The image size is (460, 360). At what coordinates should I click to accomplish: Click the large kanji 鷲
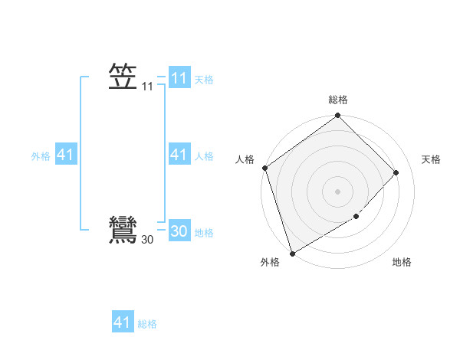click(123, 230)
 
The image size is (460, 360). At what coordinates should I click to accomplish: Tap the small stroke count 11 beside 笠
click(147, 87)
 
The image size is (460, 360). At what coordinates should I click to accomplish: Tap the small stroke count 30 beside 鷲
click(147, 241)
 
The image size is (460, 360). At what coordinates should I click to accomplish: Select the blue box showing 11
click(179, 78)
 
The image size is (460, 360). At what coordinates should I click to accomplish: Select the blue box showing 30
click(179, 231)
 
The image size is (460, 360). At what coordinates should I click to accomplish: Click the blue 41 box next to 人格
click(179, 155)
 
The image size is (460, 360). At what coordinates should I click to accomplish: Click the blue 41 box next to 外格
click(65, 155)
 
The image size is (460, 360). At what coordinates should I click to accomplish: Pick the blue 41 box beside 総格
click(123, 322)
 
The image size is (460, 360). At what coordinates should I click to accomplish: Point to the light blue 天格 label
click(204, 80)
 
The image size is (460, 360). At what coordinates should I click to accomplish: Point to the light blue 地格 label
click(204, 233)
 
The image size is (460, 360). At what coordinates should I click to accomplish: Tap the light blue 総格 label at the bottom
click(147, 324)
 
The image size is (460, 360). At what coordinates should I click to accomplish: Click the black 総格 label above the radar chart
click(337, 100)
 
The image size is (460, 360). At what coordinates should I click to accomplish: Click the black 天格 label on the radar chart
click(431, 159)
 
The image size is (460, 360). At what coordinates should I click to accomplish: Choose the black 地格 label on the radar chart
click(402, 262)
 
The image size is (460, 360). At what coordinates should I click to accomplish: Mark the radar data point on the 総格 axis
click(337, 116)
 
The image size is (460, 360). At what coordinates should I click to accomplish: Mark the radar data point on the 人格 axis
click(264, 168)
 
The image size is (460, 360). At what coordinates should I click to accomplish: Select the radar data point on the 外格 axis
click(292, 254)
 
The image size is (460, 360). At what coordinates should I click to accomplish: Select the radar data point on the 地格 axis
click(356, 217)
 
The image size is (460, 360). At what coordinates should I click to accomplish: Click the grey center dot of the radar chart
click(337, 191)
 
